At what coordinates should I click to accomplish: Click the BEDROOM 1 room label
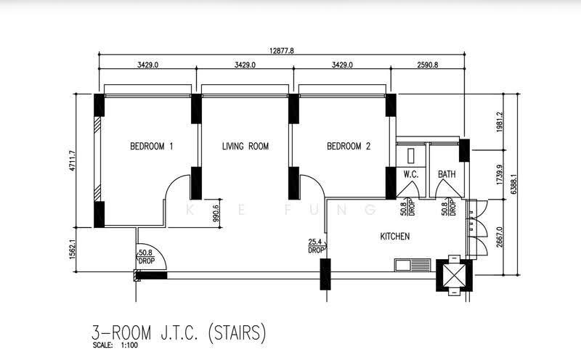coord(152,147)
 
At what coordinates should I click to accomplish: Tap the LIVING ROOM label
coord(245,147)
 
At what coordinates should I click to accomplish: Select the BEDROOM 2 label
coord(349,147)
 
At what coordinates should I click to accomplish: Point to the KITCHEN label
coord(395,237)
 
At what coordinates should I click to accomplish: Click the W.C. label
coord(411,174)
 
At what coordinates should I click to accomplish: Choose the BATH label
coord(447,174)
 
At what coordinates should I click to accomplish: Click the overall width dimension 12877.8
coord(282,51)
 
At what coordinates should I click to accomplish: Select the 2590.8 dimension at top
coord(428,65)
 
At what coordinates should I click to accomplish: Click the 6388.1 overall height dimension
coord(513,184)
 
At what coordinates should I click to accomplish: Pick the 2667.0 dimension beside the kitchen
coord(500,237)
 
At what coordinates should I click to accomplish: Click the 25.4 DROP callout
coord(316,246)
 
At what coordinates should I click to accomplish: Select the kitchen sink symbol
coord(413,265)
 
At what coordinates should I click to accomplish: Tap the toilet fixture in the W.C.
coord(411,155)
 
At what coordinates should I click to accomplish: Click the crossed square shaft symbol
coord(455,275)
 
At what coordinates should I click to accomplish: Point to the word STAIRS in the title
coord(237,332)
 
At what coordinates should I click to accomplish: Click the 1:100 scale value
coord(129,345)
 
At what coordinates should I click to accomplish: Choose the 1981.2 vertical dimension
coord(500,122)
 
